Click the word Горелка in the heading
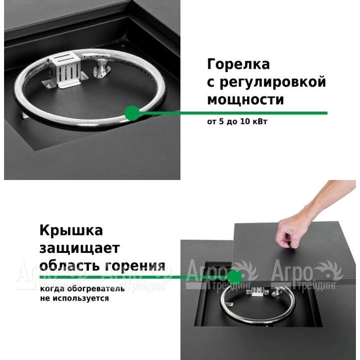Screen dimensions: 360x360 [238, 64]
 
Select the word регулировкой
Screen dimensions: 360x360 [273, 82]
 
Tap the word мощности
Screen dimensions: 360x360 [245, 99]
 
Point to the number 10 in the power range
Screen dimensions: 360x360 [245, 121]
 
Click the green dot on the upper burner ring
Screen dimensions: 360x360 [132, 113]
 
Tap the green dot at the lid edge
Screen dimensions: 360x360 [234, 277]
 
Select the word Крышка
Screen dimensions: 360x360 [71, 230]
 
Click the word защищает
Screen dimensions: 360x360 [80, 248]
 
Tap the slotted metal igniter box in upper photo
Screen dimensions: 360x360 [65, 70]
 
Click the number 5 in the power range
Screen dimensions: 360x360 [221, 121]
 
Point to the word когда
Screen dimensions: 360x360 [52, 288]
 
